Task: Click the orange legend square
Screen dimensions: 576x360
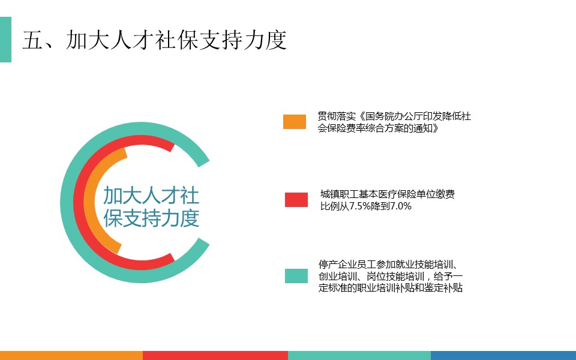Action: [x=294, y=122]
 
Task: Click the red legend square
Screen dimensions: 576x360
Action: [x=296, y=199]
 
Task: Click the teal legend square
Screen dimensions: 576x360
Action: [x=296, y=276]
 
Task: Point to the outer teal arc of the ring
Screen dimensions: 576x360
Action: [x=67, y=202]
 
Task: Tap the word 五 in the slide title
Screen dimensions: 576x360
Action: [x=33, y=40]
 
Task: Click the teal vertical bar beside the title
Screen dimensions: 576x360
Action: [x=5, y=40]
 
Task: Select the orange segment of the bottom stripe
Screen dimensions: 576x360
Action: [x=71, y=355]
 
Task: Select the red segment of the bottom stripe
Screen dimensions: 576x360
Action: [x=215, y=355]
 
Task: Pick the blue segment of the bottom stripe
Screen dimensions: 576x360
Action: [x=503, y=355]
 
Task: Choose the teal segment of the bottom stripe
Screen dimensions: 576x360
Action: [x=359, y=355]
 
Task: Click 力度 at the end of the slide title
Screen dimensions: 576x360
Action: [x=265, y=40]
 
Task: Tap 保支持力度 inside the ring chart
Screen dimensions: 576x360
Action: [x=151, y=218]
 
